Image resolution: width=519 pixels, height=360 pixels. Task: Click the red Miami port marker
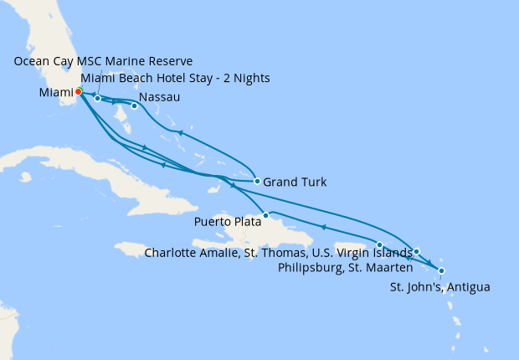click(x=78, y=91)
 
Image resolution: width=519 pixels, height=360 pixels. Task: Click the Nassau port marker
click(x=134, y=105)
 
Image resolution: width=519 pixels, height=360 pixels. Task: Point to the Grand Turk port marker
click(x=257, y=181)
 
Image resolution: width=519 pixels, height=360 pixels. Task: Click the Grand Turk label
click(x=294, y=182)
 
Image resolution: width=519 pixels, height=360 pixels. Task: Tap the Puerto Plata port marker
click(x=265, y=215)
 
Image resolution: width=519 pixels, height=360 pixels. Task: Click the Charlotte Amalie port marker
click(x=380, y=244)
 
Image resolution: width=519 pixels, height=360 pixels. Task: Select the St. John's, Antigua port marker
click(x=441, y=270)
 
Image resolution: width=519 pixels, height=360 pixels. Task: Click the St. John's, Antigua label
click(x=440, y=287)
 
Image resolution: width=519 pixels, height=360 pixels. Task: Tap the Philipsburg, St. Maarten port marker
click(x=416, y=251)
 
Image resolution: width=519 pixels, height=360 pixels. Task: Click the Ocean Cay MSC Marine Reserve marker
click(x=98, y=98)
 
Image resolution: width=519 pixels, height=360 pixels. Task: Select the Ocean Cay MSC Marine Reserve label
click(x=103, y=61)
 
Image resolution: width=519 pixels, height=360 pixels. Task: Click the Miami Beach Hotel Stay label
click(x=175, y=79)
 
